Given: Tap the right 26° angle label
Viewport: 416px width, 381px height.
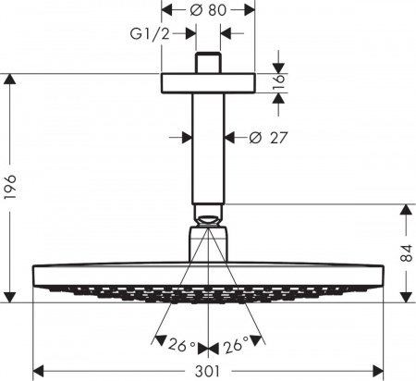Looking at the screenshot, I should tap(235, 347).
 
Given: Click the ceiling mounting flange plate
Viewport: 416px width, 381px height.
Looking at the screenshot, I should tap(208, 81).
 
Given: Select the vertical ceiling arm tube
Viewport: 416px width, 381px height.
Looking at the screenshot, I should tap(208, 148).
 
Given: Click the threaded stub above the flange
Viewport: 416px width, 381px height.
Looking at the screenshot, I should tap(208, 62).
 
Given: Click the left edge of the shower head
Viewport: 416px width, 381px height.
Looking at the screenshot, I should tap(34, 275).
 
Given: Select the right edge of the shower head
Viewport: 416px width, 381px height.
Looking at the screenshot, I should tap(382, 275).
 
